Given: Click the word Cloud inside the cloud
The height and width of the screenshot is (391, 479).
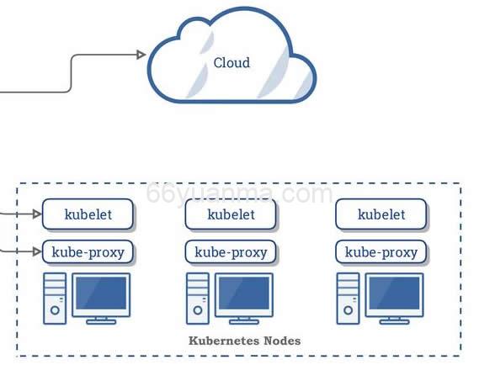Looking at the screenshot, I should coord(232,63).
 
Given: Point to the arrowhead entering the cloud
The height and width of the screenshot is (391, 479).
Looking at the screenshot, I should coord(141,55).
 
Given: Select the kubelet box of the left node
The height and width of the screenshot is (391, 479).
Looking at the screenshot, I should coord(88,214).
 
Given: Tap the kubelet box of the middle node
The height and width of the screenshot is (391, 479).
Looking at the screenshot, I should coord(231,214).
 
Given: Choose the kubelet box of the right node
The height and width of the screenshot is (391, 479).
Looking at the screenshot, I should coord(381,214).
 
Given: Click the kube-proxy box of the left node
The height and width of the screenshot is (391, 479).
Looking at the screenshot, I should coord(88,251).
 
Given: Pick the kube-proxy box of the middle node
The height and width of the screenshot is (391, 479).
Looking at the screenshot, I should coord(231,251).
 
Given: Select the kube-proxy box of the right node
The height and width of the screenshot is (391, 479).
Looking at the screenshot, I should coord(381,251).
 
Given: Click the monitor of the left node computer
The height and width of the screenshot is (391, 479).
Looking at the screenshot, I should coord(101,293).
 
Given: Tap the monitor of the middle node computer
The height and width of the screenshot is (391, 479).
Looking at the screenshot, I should coord(244,293).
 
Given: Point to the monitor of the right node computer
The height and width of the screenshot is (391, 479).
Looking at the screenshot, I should coord(394,293).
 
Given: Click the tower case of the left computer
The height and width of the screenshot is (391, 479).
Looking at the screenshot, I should coord(55,299).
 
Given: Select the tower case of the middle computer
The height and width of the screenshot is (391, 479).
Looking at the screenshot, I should coord(197,299).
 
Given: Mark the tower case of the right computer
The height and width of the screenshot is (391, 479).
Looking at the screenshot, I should coord(348,299).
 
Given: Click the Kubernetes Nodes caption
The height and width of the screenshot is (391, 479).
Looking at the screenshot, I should coord(244,341).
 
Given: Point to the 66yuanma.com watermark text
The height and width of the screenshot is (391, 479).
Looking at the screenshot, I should coord(239,194).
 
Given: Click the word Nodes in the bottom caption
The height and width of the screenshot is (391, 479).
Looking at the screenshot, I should coord(283,341).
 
